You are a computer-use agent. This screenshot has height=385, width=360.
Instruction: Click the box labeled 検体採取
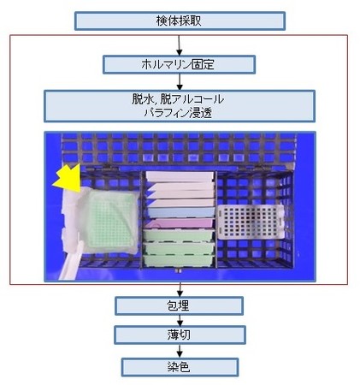tap(180, 21)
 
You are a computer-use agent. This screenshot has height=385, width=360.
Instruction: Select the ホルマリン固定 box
tap(179, 65)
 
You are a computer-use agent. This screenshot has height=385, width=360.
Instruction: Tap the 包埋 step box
tap(179, 305)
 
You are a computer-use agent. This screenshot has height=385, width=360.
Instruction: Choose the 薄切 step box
tap(180, 335)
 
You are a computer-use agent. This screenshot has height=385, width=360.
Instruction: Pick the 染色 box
tap(180, 367)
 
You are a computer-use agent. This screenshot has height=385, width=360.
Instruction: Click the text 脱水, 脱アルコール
tap(178, 99)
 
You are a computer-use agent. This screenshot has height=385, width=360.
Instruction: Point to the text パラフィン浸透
tap(178, 113)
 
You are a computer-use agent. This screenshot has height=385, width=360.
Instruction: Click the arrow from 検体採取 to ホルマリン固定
tap(179, 45)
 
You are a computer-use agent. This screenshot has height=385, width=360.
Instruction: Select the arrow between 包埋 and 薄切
tap(180, 321)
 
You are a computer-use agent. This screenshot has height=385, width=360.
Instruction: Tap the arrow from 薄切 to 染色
tap(180, 351)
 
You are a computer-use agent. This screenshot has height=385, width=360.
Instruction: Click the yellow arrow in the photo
tap(68, 178)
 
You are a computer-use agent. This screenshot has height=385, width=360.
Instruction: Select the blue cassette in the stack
tap(181, 212)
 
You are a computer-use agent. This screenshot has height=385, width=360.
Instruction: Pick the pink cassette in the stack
tap(180, 223)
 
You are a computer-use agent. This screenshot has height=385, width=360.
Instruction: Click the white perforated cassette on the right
tap(251, 222)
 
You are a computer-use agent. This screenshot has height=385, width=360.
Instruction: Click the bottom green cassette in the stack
tap(179, 260)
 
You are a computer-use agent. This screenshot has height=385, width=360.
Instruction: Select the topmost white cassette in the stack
tap(180, 176)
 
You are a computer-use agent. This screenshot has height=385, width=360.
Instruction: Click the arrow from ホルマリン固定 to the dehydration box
tap(180, 82)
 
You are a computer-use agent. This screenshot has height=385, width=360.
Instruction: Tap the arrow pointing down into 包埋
tap(180, 289)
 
